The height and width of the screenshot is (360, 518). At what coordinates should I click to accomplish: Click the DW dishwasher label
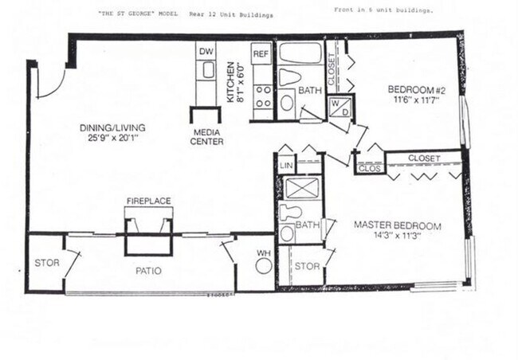[x=206, y=50]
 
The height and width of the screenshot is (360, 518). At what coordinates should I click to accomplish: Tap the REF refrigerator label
[x=260, y=55]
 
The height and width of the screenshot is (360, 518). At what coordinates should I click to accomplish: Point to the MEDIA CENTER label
[x=206, y=137]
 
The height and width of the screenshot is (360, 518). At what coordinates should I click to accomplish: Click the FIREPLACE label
[x=148, y=202]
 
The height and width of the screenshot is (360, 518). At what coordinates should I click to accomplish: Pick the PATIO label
[x=148, y=271]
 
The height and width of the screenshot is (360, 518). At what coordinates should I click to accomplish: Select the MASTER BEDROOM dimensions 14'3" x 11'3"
[x=398, y=236]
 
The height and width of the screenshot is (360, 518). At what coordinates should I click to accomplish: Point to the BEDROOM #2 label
[x=415, y=89]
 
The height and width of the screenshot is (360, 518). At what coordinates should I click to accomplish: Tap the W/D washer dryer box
[x=339, y=107]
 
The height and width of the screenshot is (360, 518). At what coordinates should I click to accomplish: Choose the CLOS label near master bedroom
[x=367, y=168]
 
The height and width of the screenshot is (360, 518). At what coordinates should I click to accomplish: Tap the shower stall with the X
[x=302, y=189]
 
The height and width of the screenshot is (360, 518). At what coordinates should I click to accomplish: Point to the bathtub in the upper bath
[x=300, y=54]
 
